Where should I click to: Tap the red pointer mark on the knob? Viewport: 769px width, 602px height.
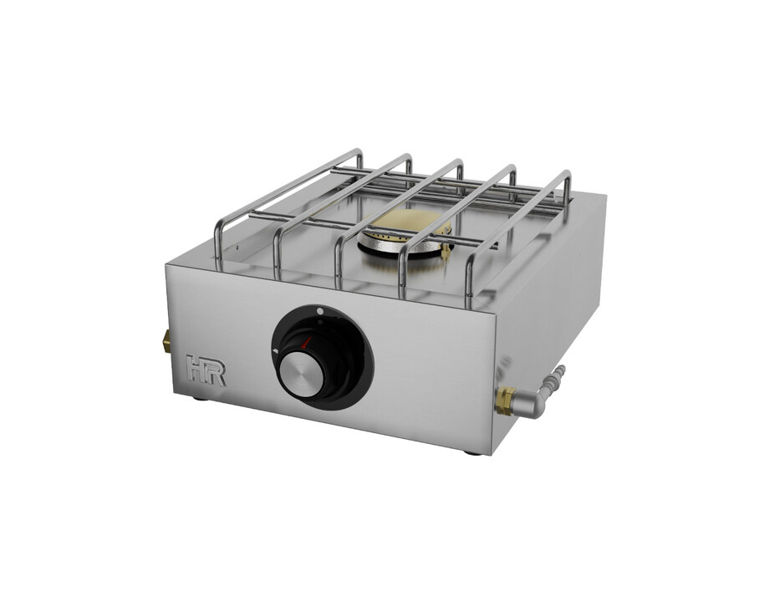[x=307, y=343]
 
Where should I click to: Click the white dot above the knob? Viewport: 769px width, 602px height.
[x=320, y=311]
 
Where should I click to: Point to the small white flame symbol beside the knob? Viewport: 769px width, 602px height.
[x=275, y=351]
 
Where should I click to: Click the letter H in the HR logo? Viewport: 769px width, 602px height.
[x=196, y=370]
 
